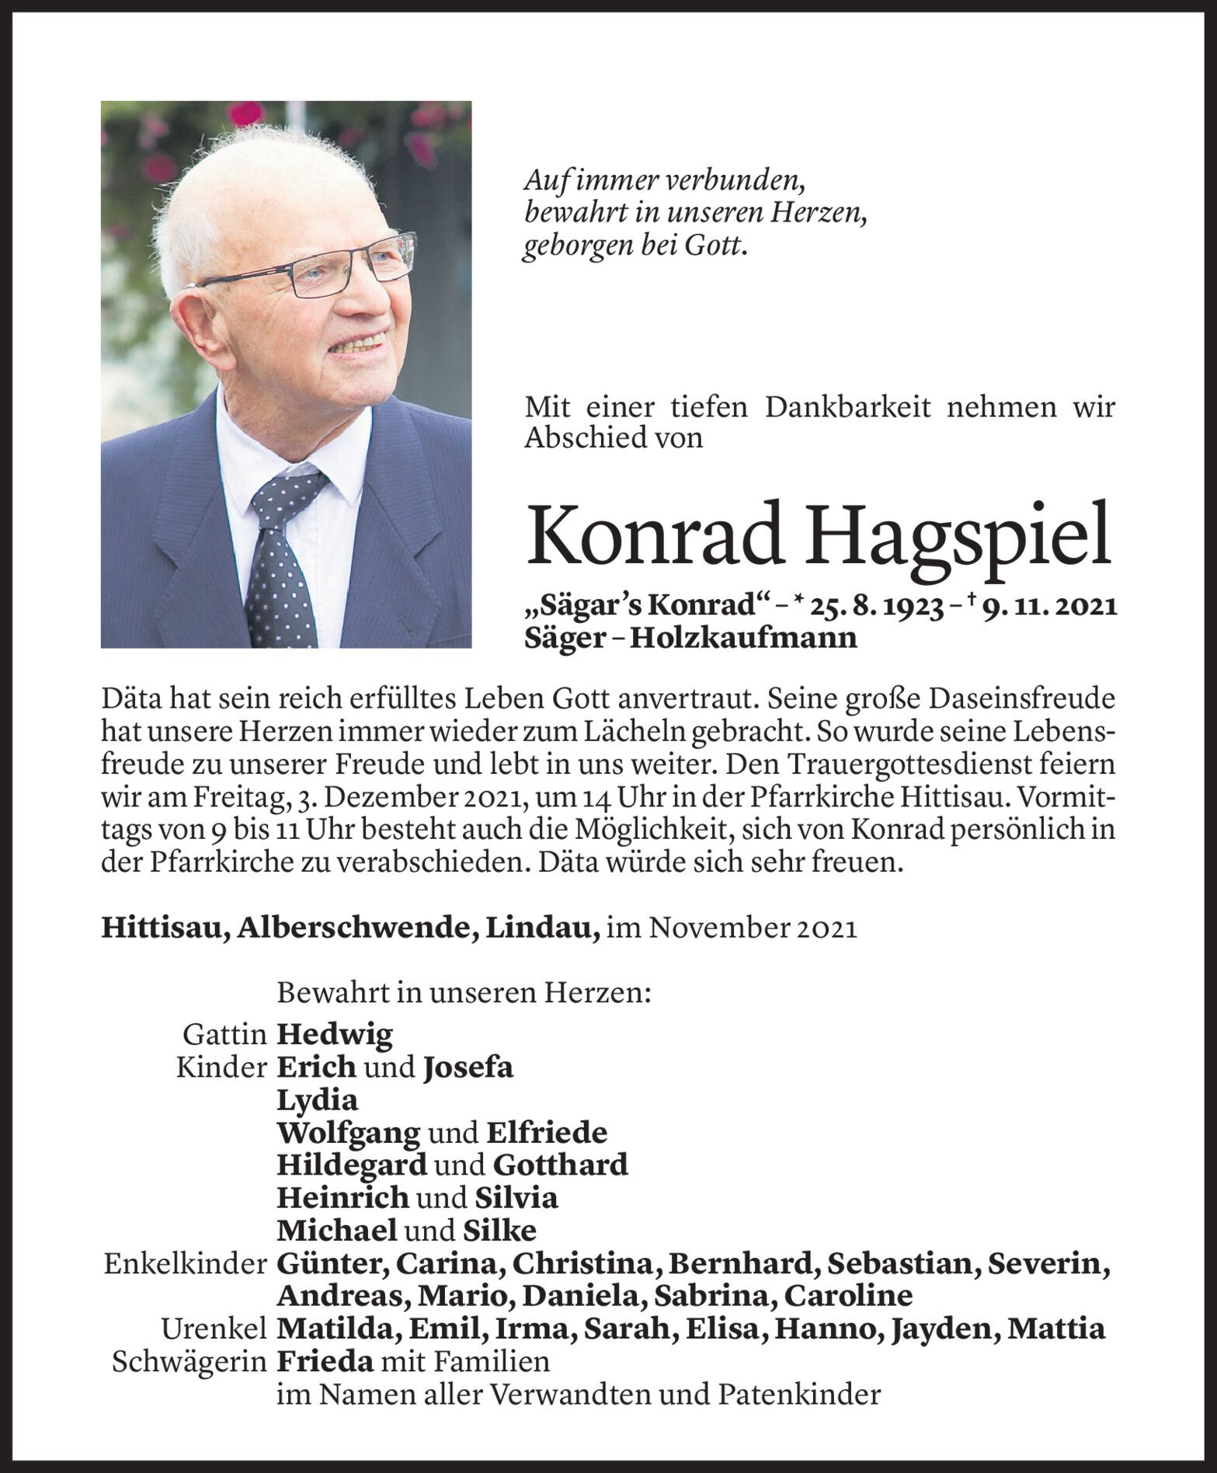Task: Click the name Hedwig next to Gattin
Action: point(335,1034)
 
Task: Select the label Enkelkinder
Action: point(186,1263)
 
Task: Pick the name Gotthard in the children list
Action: point(560,1165)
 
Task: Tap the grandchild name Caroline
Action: point(847,1296)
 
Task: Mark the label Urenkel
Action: point(214,1328)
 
